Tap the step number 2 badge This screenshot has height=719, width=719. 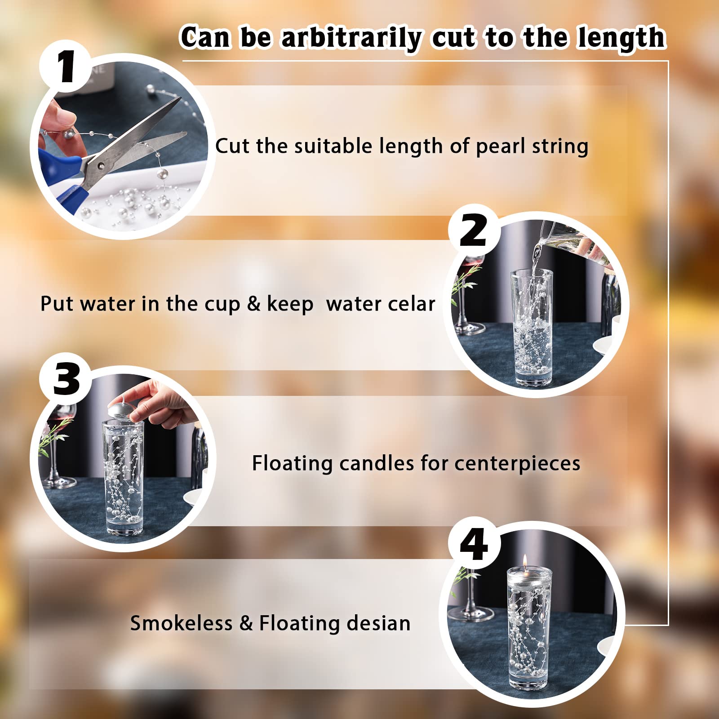coord(474,230)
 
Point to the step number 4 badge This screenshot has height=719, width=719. coord(474,545)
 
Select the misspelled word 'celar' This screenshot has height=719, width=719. coord(412,304)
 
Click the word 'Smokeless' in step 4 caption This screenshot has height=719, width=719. coord(182,623)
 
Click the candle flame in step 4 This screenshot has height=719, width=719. coord(524,561)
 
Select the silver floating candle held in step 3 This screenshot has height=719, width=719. coord(121,407)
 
